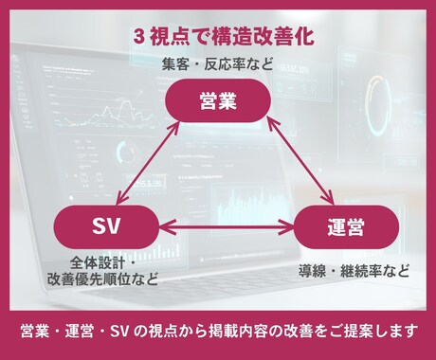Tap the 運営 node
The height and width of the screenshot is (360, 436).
pyautogui.click(x=333, y=227)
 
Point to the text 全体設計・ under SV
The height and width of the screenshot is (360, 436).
pyautogui.click(x=103, y=262)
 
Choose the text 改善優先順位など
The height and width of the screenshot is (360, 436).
pyautogui.click(x=103, y=279)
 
